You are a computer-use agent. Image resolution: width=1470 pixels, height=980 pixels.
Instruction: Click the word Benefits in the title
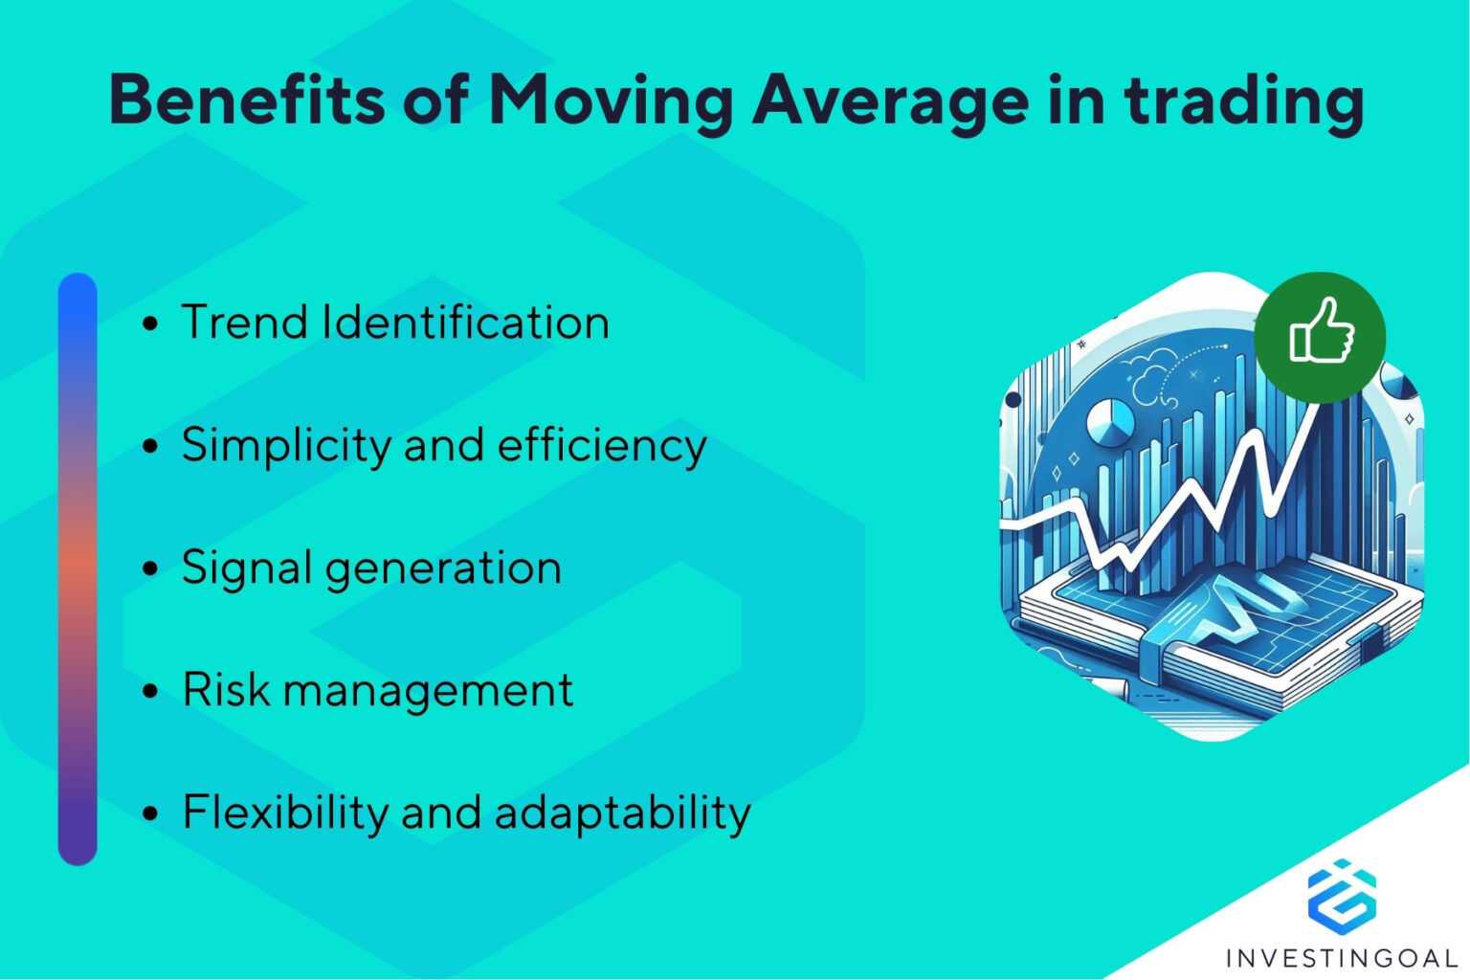pos(247,99)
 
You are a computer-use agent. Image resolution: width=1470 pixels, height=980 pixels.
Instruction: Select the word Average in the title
pos(890,100)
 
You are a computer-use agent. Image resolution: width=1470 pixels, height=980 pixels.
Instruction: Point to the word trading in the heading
pos(1243,100)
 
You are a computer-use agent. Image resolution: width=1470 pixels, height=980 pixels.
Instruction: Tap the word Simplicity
pos(286,446)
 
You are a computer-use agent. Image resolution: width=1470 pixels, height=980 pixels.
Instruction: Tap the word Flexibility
pos(284,813)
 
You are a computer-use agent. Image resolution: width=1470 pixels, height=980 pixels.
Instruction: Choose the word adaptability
pos(622,813)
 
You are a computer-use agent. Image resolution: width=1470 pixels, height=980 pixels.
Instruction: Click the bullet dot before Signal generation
pos(149,568)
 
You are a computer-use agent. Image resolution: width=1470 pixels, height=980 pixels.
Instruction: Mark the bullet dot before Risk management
pos(149,690)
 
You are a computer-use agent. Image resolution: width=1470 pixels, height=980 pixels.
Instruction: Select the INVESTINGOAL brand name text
pos(1341,957)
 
